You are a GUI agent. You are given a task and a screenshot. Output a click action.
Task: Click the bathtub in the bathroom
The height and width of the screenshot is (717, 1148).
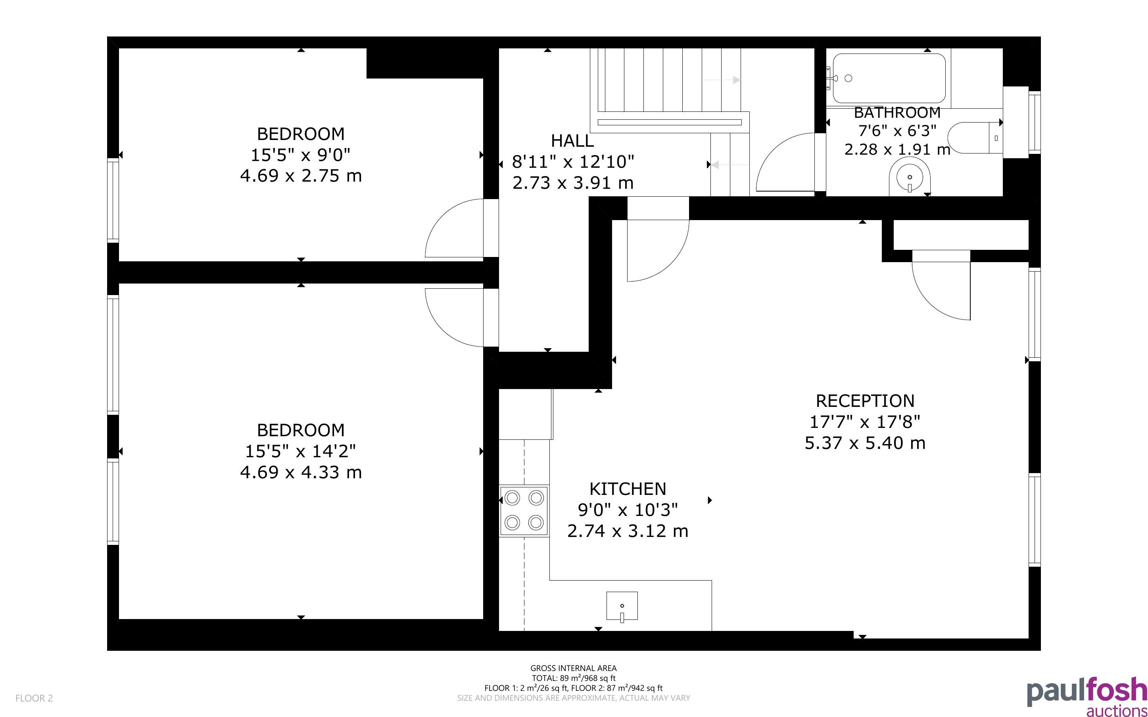point(889,78)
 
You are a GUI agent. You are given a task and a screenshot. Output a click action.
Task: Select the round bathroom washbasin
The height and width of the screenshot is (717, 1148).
point(910,177)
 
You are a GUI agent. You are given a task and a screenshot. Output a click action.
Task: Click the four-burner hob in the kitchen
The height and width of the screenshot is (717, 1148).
point(524,510)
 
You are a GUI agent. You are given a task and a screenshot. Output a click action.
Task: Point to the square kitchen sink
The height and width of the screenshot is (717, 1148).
point(622,606)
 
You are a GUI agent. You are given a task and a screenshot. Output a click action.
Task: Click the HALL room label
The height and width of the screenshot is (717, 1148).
point(572,141)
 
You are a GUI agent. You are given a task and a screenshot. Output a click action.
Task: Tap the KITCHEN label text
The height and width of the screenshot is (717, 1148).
point(628,489)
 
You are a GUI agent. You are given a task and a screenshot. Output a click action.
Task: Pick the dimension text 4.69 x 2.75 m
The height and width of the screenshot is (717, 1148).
point(301,176)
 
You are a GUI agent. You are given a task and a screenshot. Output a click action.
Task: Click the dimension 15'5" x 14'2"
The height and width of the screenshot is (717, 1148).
point(301,451)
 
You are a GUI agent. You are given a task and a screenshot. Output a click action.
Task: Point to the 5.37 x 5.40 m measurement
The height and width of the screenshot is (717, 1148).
point(865,443)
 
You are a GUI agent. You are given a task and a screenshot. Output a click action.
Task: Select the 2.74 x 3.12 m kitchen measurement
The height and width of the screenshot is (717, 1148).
point(628,531)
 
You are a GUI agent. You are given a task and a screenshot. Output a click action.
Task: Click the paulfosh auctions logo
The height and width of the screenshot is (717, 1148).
point(1087,696)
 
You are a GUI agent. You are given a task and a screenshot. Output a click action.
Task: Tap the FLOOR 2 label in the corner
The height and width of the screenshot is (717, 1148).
point(34,698)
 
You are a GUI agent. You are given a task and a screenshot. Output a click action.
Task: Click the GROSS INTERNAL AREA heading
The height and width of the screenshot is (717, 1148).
point(573,668)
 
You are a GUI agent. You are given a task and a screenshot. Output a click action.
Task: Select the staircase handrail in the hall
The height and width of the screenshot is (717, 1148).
point(669,123)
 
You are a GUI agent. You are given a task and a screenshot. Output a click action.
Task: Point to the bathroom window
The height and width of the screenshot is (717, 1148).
point(1034,122)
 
